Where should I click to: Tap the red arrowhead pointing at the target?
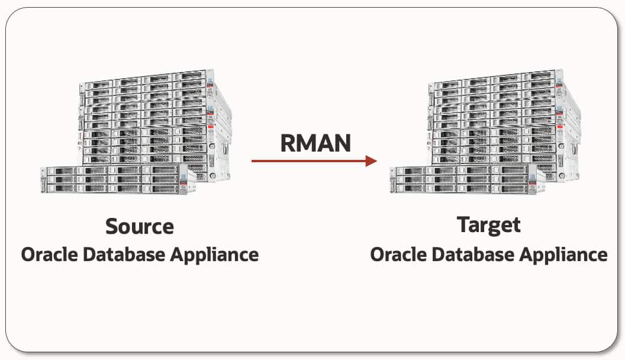[371, 160]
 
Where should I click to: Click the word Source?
[140, 226]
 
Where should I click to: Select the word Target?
[489, 225]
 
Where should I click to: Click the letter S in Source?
[111, 226]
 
